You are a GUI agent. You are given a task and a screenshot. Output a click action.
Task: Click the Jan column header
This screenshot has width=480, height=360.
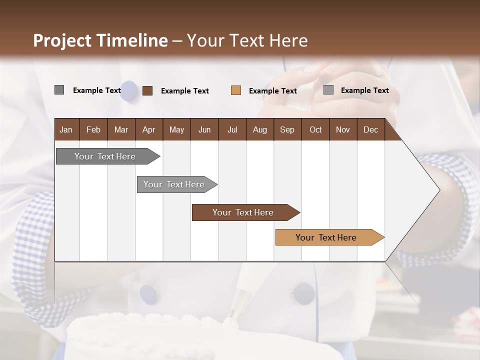coord(66,129)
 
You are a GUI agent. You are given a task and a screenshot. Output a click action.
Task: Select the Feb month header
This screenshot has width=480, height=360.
coord(93,129)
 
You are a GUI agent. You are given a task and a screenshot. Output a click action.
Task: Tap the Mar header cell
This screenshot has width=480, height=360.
coord(121,129)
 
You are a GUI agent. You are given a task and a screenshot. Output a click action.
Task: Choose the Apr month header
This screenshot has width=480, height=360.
coord(149,129)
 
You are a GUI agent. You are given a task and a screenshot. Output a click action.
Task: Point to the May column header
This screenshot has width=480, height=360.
coord(176,129)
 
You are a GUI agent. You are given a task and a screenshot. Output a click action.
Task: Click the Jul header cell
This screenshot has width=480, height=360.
coord(232,129)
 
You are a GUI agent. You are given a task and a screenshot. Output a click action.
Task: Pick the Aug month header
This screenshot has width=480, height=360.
coord(259,129)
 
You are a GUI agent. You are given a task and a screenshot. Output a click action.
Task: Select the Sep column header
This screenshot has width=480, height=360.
coord(287,129)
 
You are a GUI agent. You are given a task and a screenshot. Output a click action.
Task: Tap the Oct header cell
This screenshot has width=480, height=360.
coord(315,129)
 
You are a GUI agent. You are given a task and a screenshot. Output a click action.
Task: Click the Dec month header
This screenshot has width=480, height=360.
coord(370,129)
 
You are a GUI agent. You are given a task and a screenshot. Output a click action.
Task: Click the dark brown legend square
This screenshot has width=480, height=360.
coord(147,90)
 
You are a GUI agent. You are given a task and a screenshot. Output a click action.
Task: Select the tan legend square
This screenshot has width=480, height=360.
coord(236,90)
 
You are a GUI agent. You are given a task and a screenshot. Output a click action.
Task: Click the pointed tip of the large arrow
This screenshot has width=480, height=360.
coord(438,190)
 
